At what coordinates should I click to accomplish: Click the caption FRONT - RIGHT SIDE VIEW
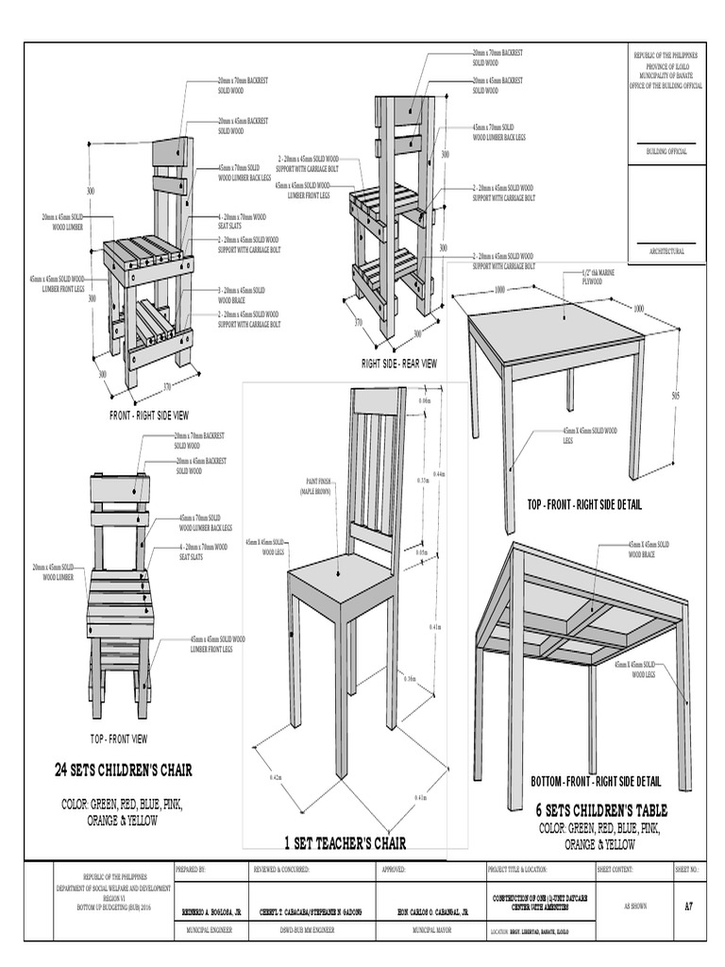click(x=149, y=415)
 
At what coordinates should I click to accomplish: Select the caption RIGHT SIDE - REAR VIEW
click(x=398, y=363)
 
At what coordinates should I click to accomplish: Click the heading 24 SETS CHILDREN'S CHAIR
click(x=124, y=771)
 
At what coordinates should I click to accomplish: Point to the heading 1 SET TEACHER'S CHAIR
click(x=346, y=842)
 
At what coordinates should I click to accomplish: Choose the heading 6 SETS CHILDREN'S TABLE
click(x=601, y=810)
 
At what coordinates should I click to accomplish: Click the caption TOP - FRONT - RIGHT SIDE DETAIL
click(x=584, y=505)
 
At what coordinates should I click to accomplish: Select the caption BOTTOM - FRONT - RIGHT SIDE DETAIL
click(x=595, y=782)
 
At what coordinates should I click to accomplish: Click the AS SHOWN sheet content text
click(x=622, y=905)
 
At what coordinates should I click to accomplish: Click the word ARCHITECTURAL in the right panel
click(x=666, y=251)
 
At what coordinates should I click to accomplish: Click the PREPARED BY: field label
click(x=190, y=868)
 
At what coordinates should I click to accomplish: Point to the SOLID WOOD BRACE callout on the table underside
click(x=649, y=549)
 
